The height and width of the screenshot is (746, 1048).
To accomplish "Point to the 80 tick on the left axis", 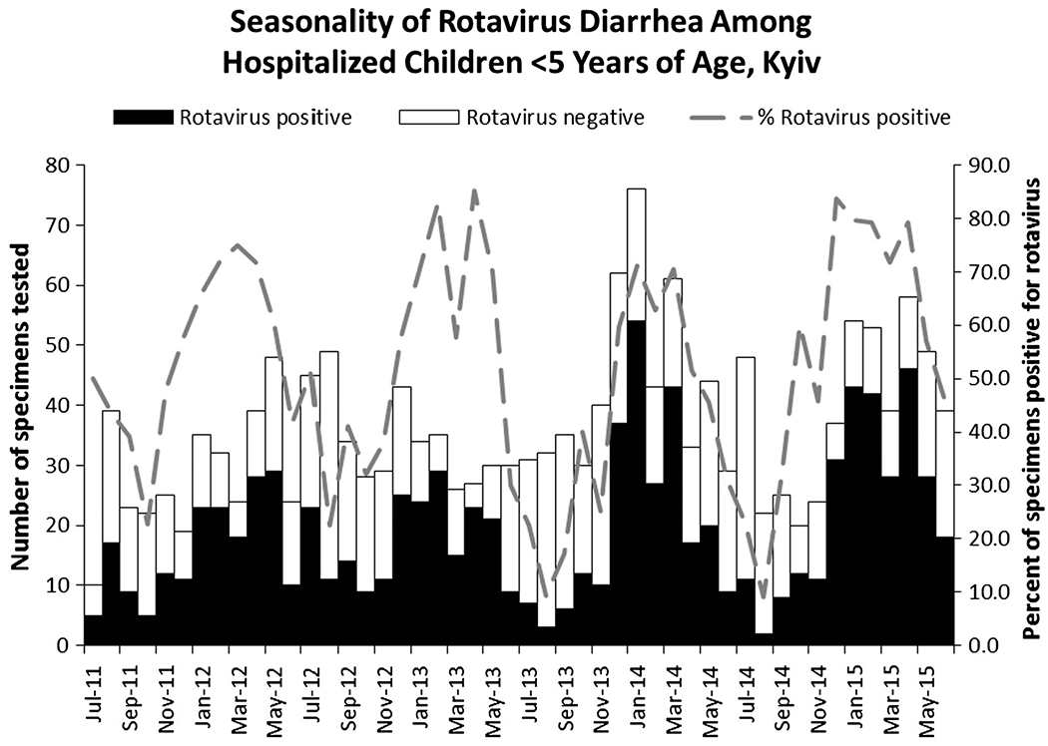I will [x=57, y=165].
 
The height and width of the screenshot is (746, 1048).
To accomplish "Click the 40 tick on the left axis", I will [x=57, y=405].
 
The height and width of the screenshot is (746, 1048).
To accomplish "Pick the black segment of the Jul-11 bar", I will [x=94, y=630].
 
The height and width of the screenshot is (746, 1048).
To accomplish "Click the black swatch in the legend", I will [x=144, y=117].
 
